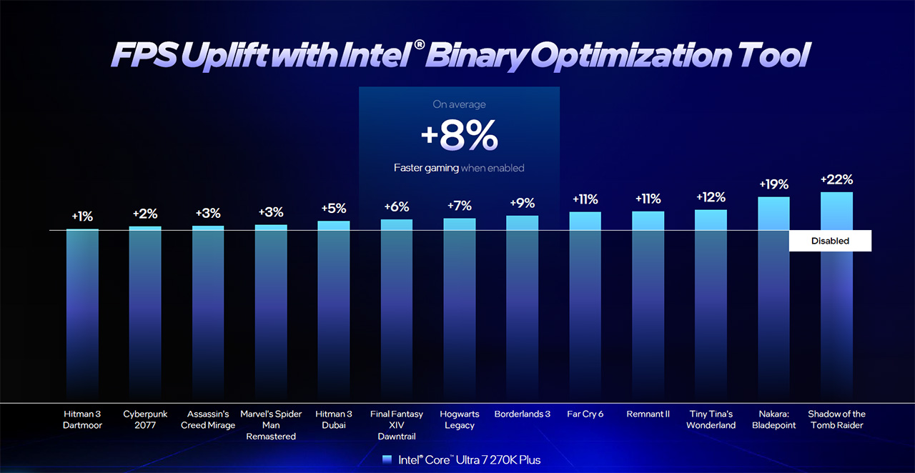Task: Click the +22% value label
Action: coord(836,179)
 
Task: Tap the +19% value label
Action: coord(773,184)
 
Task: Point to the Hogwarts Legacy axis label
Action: coord(460,419)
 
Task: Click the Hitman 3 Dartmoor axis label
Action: coord(83,419)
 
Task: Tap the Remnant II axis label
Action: coord(648,414)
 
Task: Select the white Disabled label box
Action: coord(830,241)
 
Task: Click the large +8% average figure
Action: coord(459,137)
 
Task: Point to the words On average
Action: coord(459,104)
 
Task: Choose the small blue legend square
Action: coord(387,459)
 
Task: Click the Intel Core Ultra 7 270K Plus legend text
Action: coord(469,459)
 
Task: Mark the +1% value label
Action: coord(82,216)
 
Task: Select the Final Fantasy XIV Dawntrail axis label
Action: coord(397,424)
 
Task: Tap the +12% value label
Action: coord(711,196)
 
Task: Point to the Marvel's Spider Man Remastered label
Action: coord(271,424)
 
